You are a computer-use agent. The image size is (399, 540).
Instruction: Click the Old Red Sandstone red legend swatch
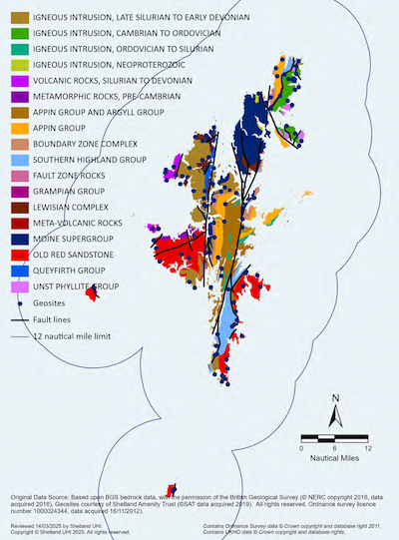coord(17,255)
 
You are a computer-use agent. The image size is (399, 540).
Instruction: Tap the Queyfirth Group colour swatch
coord(17,270)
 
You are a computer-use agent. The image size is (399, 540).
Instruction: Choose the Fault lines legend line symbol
coord(17,319)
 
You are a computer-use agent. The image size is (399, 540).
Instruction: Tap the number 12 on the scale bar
coord(368,448)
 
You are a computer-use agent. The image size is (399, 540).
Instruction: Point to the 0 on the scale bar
coord(302,448)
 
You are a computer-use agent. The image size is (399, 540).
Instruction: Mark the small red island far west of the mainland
coord(92,293)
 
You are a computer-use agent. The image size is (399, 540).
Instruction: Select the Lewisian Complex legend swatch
coord(17,207)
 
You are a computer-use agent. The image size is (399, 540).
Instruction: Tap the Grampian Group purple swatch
coord(17,191)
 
